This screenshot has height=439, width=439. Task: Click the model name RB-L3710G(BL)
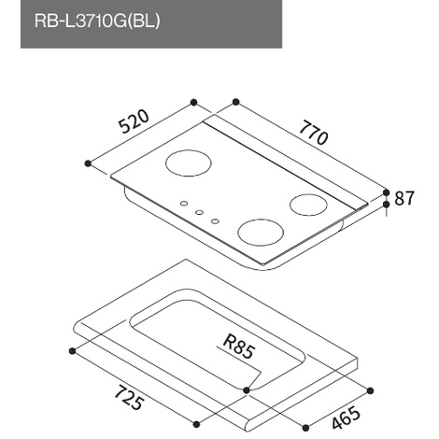point(97,21)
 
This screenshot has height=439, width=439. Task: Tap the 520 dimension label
point(135,121)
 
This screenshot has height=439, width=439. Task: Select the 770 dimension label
point(314,134)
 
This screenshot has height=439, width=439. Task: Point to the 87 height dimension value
point(404,198)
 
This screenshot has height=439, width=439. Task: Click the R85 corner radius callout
point(239,347)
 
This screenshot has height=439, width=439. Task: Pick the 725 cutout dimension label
point(129,398)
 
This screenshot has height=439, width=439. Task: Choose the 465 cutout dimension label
point(346,418)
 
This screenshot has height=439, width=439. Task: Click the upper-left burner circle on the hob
point(189,163)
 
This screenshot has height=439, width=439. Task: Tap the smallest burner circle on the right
point(308,205)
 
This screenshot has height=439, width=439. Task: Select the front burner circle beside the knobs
point(261,233)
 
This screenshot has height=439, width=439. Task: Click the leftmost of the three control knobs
point(184,204)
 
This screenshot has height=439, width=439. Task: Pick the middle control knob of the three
point(199,212)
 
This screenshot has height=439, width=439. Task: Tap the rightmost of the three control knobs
point(215,221)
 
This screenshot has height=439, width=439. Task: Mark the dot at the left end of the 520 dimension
point(88,163)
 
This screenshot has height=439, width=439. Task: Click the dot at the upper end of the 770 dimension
point(236,102)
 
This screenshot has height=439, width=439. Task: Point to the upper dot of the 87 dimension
point(387,192)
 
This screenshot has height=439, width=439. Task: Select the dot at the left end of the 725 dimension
point(73,351)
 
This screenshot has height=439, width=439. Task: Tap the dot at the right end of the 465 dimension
point(370,390)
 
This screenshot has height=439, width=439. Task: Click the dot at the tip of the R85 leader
point(247,389)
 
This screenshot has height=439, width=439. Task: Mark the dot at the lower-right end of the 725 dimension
point(196,424)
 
